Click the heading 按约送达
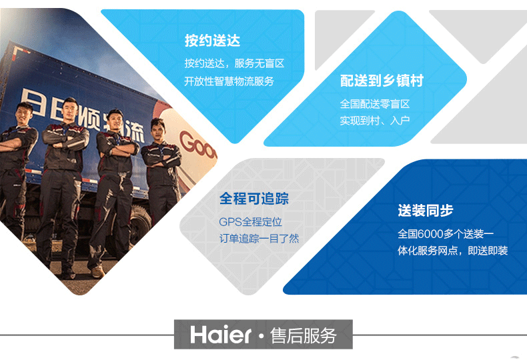[x=212, y=41]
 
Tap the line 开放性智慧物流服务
[x=229, y=81]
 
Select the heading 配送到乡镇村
[x=382, y=81]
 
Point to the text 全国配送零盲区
[x=375, y=104]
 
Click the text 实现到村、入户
[x=375, y=121]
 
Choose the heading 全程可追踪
[x=253, y=199]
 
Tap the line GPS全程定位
[x=250, y=222]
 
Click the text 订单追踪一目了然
[x=259, y=239]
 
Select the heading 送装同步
[x=426, y=211]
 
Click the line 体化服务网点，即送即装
[x=452, y=251]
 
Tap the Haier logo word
[x=221, y=335]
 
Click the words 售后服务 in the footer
[x=303, y=335]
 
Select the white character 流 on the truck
[x=136, y=132]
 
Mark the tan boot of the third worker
[x=97, y=271]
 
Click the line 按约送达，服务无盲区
[x=234, y=63]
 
